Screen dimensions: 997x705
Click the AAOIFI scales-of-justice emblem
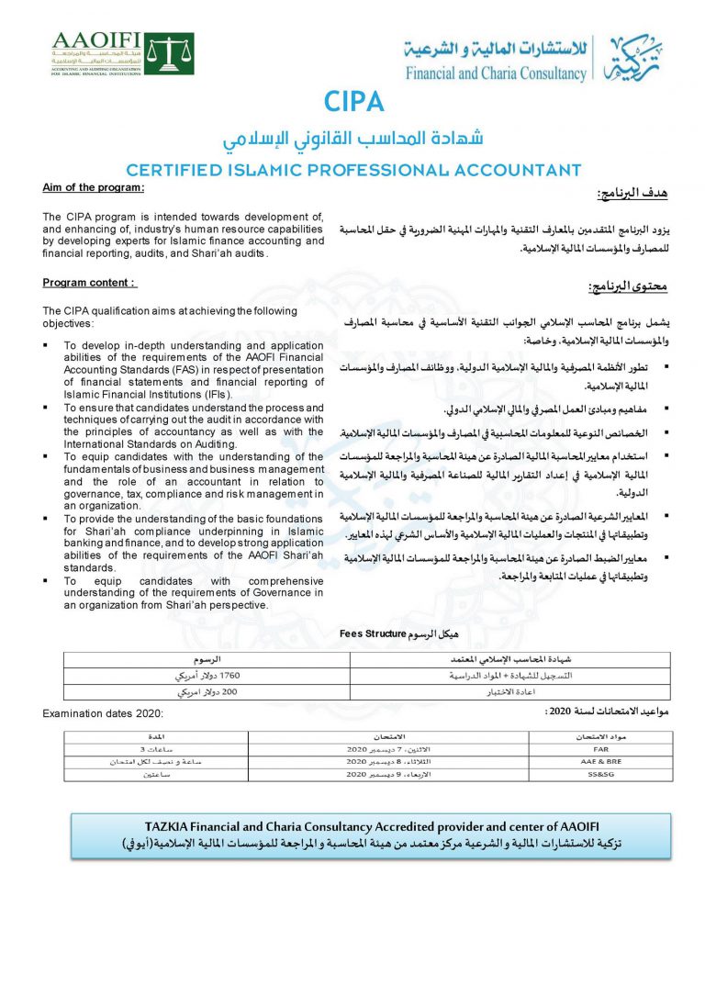click(x=170, y=53)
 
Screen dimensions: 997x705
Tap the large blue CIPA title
click(x=353, y=101)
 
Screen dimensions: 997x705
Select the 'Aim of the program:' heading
click(x=94, y=187)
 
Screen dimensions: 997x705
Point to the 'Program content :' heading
click(x=89, y=283)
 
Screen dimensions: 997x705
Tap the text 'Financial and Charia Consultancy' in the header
click(x=496, y=73)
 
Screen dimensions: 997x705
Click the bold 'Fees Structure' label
click(x=373, y=633)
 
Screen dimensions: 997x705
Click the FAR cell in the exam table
click(x=600, y=750)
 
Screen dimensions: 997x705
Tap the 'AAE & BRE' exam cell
click(x=600, y=762)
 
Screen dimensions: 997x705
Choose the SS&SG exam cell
click(x=600, y=775)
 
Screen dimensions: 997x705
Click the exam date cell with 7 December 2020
click(x=387, y=750)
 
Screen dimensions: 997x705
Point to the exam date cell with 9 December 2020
click(x=387, y=775)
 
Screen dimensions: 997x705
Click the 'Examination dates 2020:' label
click(x=103, y=713)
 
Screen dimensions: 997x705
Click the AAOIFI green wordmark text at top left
click(x=96, y=39)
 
